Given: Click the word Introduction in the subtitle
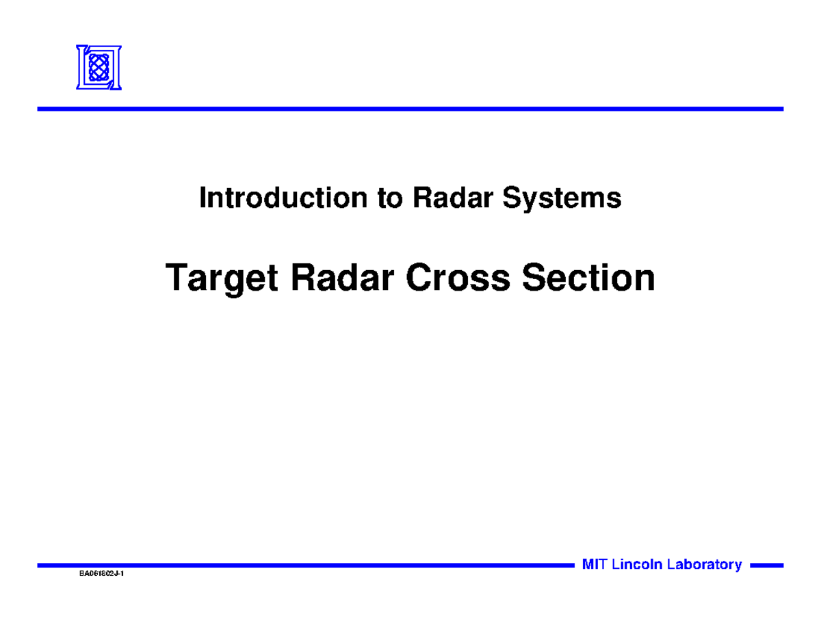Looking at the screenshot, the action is tap(283, 197).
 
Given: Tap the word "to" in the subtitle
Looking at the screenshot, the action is tap(389, 198).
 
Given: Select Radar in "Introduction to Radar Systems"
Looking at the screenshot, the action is tap(453, 197).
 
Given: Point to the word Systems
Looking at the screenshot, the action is tap(562, 199).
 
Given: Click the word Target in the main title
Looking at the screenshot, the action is tap(222, 279).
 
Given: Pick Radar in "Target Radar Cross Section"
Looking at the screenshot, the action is tap(342, 278).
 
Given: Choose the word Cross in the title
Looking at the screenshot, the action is tap(458, 278).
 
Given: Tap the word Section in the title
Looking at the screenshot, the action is tap(588, 278).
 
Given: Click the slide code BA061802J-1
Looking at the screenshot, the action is tap(102, 574).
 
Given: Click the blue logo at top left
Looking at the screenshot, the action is tap(99, 68).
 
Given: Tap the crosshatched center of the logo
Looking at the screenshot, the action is tap(99, 68).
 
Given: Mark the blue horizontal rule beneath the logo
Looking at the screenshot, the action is tap(410, 109).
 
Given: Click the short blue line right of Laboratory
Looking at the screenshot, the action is tap(766, 566).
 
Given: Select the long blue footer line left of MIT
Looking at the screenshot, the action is tap(306, 566).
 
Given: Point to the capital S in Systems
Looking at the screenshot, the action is tap(512, 197).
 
